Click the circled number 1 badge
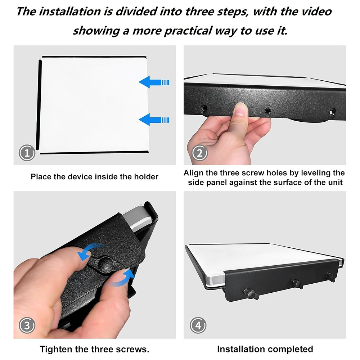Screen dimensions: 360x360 click(27, 153)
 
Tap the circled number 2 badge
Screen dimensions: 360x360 click(199, 153)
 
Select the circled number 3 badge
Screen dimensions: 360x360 click(27, 325)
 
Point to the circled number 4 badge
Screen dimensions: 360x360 click(198, 325)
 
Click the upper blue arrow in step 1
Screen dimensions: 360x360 click(154, 82)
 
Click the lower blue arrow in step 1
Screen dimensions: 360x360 click(154, 120)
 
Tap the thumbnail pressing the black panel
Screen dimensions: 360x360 click(240, 109)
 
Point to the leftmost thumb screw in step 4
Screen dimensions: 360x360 click(250, 293)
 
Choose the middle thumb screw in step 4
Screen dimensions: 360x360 click(297, 283)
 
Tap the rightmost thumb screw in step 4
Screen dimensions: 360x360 click(330, 276)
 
